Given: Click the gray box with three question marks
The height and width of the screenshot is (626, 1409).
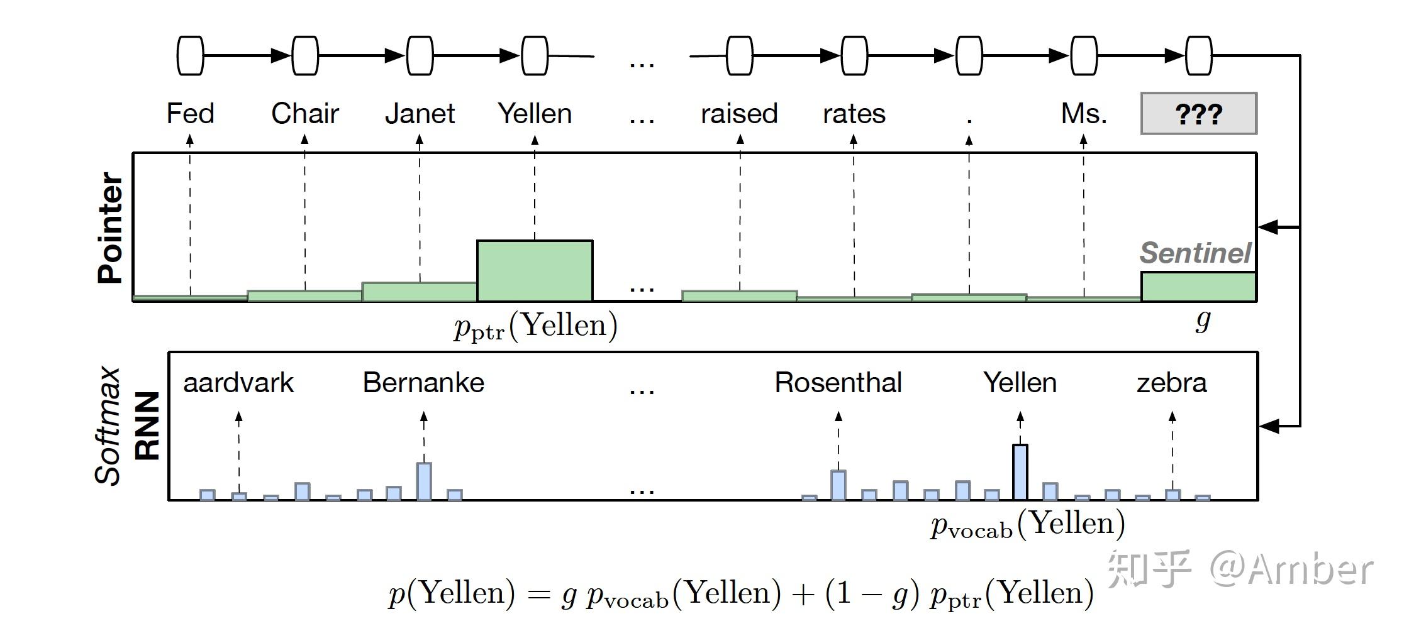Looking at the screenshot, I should pyautogui.click(x=1198, y=114).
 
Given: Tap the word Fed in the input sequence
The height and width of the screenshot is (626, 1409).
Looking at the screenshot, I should pyautogui.click(x=190, y=114).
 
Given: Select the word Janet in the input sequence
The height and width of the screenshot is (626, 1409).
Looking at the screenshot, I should pyautogui.click(x=420, y=114).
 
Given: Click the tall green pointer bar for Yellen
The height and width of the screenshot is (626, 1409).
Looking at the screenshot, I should pyautogui.click(x=535, y=271).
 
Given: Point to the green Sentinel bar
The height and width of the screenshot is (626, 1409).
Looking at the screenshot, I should pyautogui.click(x=1198, y=287).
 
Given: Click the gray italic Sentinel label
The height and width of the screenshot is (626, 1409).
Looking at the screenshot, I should pyautogui.click(x=1195, y=253).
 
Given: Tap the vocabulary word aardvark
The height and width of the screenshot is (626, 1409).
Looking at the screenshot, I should pyautogui.click(x=238, y=383).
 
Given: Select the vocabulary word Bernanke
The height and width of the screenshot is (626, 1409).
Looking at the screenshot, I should pyautogui.click(x=423, y=383).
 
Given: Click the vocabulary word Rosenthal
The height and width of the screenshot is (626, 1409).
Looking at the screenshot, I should pyautogui.click(x=838, y=383).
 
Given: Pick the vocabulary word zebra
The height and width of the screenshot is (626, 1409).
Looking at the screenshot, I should pyautogui.click(x=1171, y=383).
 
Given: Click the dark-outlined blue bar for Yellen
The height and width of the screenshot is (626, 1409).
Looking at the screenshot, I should pyautogui.click(x=1020, y=472).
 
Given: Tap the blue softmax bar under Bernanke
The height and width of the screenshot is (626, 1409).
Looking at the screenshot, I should pyautogui.click(x=424, y=481).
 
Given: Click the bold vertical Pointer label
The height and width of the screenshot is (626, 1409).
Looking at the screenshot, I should pyautogui.click(x=111, y=228).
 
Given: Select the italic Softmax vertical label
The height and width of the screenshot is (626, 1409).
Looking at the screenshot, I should pyautogui.click(x=108, y=426).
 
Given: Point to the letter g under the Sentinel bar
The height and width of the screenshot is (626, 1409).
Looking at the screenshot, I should pyautogui.click(x=1202, y=320).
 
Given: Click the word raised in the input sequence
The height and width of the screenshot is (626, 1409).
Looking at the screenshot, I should pyautogui.click(x=739, y=114).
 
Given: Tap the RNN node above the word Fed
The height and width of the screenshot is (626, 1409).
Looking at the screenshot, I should pyautogui.click(x=190, y=56).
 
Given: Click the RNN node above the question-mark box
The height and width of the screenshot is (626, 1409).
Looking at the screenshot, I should pyautogui.click(x=1198, y=56).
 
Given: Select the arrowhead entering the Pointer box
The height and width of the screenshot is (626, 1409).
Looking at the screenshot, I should pyautogui.click(x=1267, y=227).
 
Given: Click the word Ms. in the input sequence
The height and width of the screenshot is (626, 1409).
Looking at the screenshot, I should pyautogui.click(x=1083, y=114).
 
